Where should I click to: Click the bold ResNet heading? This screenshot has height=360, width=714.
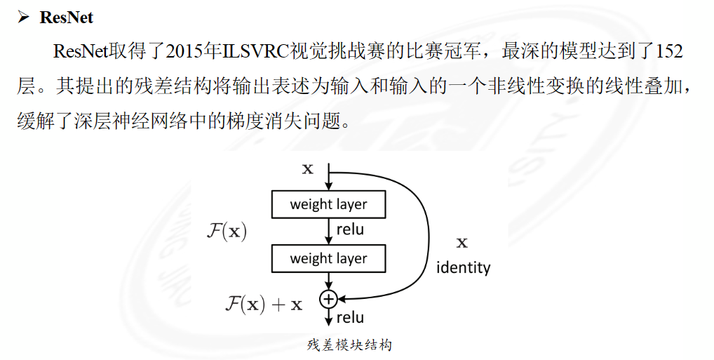click(67, 18)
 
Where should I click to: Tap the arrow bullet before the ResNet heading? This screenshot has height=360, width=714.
click(23, 18)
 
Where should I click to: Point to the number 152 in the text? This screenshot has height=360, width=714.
click(670, 51)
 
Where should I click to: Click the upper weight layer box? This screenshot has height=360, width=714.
click(329, 204)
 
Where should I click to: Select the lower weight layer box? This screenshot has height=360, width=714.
click(329, 258)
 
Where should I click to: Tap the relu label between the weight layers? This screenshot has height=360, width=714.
click(350, 229)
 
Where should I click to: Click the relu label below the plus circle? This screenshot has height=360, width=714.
click(350, 318)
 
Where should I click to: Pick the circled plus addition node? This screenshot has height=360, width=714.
click(328, 299)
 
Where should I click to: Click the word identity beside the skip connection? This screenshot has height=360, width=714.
click(463, 267)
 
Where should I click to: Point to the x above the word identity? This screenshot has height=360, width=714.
click(462, 242)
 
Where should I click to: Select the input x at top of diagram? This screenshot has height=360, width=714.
click(308, 169)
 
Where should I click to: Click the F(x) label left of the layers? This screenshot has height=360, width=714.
click(227, 231)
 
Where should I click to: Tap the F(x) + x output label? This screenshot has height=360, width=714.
click(264, 304)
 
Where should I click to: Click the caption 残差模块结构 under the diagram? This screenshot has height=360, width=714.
click(349, 345)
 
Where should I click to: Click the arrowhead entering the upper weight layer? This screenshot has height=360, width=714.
click(328, 187)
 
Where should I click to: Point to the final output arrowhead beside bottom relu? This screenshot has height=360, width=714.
click(328, 321)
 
